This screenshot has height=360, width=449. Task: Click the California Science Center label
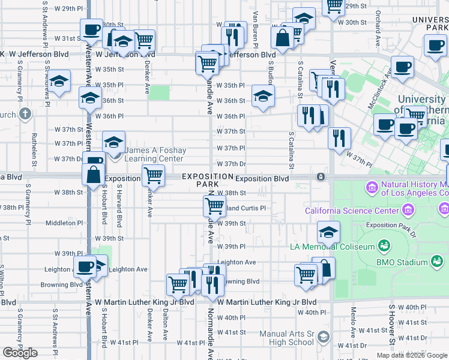351,211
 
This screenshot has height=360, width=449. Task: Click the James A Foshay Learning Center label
155,155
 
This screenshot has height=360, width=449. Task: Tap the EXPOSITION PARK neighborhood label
207,181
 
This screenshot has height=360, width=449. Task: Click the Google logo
20,353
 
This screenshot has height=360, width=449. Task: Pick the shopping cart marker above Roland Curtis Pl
214,206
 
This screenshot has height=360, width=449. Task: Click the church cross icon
25,113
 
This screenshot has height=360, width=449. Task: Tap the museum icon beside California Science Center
409,210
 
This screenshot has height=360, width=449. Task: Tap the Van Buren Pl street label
256,30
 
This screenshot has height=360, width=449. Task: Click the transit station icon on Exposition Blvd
321,177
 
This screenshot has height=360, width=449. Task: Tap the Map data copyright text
412,355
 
